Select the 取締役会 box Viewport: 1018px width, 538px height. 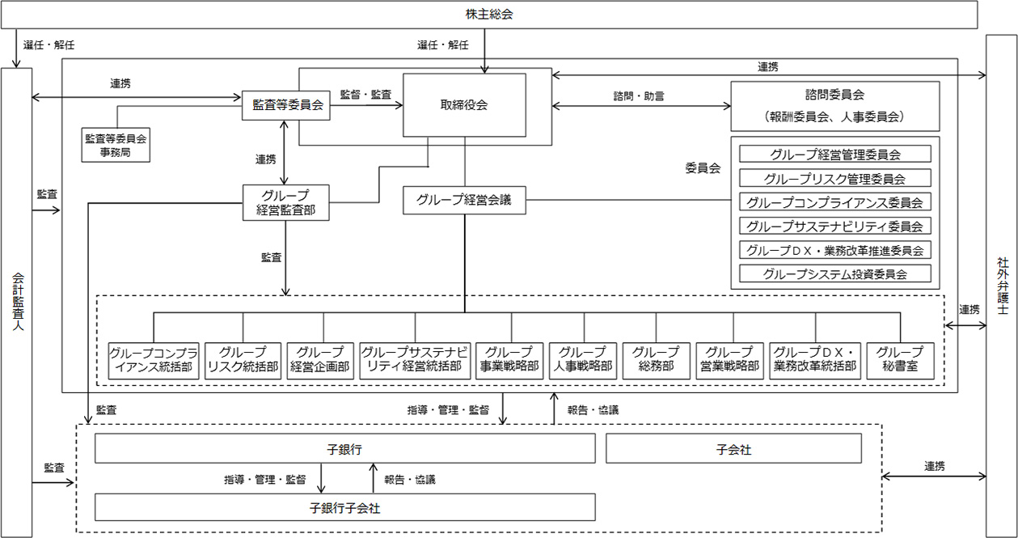pyautogui.click(x=464, y=105)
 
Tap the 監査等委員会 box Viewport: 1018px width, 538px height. pyautogui.click(x=287, y=105)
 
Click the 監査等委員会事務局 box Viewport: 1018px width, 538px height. pyautogui.click(x=117, y=145)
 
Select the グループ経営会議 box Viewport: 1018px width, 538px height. pyautogui.click(x=464, y=200)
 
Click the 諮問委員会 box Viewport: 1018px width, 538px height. pyautogui.click(x=835, y=105)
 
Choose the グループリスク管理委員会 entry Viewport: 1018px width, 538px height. pyautogui.click(x=835, y=179)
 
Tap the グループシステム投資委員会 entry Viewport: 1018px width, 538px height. pyautogui.click(x=835, y=274)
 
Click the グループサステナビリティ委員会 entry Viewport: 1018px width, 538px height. pyautogui.click(x=835, y=227)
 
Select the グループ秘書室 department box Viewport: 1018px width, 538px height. pyautogui.click(x=900, y=360)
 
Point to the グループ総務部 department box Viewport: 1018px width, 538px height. pyautogui.click(x=656, y=360)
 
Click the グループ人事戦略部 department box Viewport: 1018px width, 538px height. pyautogui.click(x=582, y=360)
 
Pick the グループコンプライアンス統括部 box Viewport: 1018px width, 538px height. pyautogui.click(x=154, y=360)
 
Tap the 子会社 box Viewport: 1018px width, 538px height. pyautogui.click(x=733, y=449)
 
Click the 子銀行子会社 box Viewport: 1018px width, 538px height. pyautogui.click(x=345, y=507)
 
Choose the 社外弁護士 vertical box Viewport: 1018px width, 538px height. pyautogui.click(x=1002, y=287)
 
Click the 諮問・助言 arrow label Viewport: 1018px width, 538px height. pyautogui.click(x=639, y=95)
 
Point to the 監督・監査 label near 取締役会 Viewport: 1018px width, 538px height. pyautogui.click(x=365, y=95)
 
